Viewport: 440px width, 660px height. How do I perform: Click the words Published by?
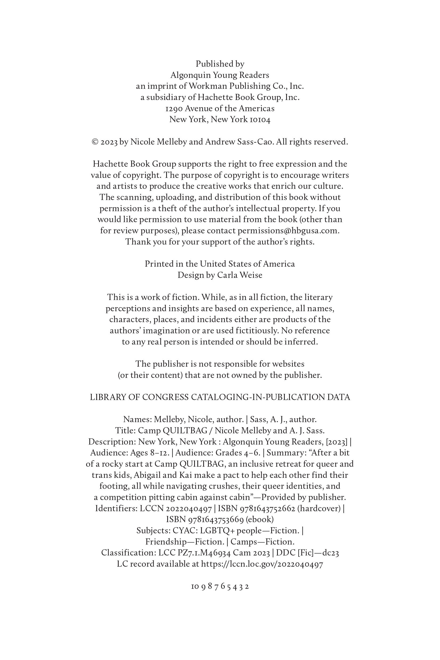click(x=220, y=64)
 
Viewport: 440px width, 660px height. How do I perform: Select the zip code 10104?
click(x=260, y=119)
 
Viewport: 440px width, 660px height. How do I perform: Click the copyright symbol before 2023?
click(x=95, y=142)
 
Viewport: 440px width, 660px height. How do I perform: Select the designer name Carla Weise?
click(x=240, y=275)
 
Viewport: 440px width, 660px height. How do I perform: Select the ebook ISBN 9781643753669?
click(x=205, y=519)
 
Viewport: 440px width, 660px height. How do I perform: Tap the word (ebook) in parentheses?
click(x=259, y=519)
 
